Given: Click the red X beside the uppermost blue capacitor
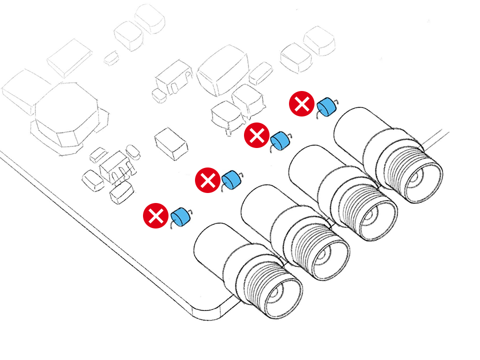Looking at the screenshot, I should click(302, 104).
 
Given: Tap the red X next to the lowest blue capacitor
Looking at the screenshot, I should click(155, 216).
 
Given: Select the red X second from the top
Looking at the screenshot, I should click(256, 135).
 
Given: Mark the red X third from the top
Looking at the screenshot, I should click(207, 180).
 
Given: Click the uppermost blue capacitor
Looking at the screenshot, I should click(326, 106).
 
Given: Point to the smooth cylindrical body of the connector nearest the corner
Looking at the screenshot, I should click(215, 250).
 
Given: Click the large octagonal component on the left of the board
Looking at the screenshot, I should click(66, 112).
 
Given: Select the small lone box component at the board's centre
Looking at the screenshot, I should click(171, 143).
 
